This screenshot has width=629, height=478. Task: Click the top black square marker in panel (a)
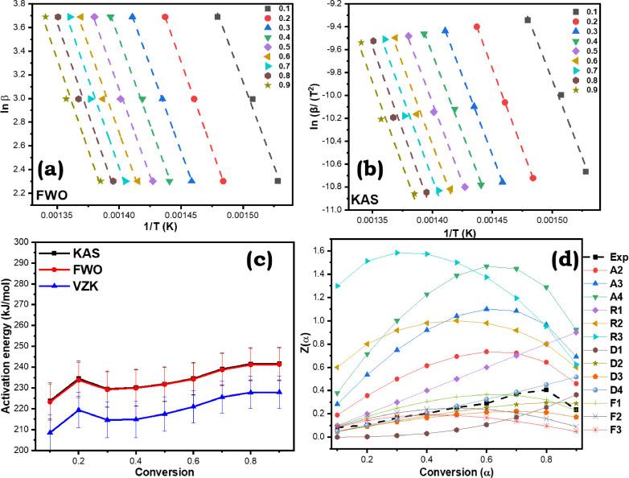coord(218,16)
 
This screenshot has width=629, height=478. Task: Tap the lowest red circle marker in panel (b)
coord(533,178)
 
